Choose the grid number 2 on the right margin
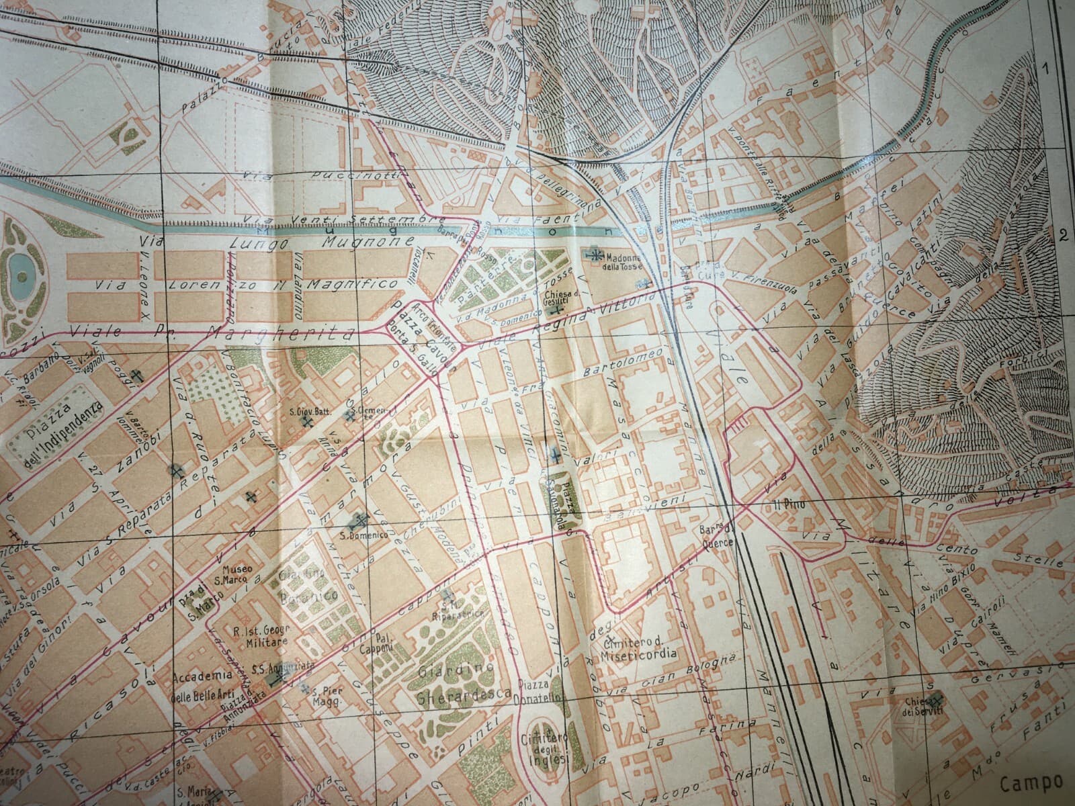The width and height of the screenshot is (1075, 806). (1063, 235)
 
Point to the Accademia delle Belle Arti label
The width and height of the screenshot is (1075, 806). (202, 685)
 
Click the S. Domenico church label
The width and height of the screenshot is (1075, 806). (356, 536)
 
